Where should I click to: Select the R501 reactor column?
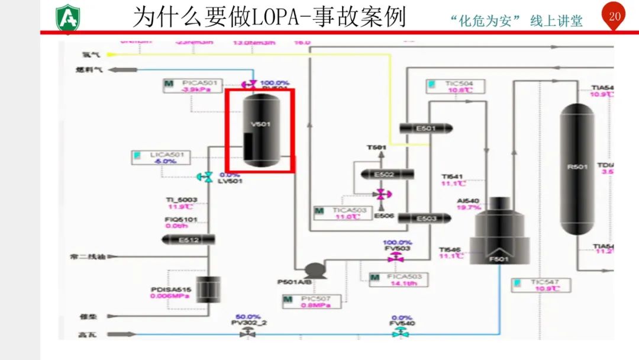[x=577, y=169]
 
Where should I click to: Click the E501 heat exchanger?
[x=425, y=128]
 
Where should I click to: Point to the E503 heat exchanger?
[x=425, y=218]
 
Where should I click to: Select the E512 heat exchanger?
[x=188, y=239]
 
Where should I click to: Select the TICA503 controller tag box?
[x=341, y=213]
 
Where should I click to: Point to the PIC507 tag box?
[x=311, y=301]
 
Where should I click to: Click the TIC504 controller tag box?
[x=454, y=86]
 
